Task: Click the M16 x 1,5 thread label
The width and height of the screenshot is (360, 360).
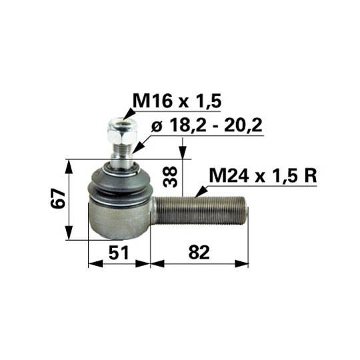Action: click(x=177, y=101)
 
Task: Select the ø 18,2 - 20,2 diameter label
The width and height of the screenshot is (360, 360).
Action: click(x=207, y=125)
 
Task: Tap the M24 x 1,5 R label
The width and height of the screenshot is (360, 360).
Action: click(x=263, y=175)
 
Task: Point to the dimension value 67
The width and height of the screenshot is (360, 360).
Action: click(x=58, y=199)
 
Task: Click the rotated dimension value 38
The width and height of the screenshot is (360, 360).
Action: click(x=170, y=176)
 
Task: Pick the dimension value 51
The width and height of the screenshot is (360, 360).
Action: click(x=119, y=253)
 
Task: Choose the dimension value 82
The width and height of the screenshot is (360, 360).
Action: click(x=199, y=253)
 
